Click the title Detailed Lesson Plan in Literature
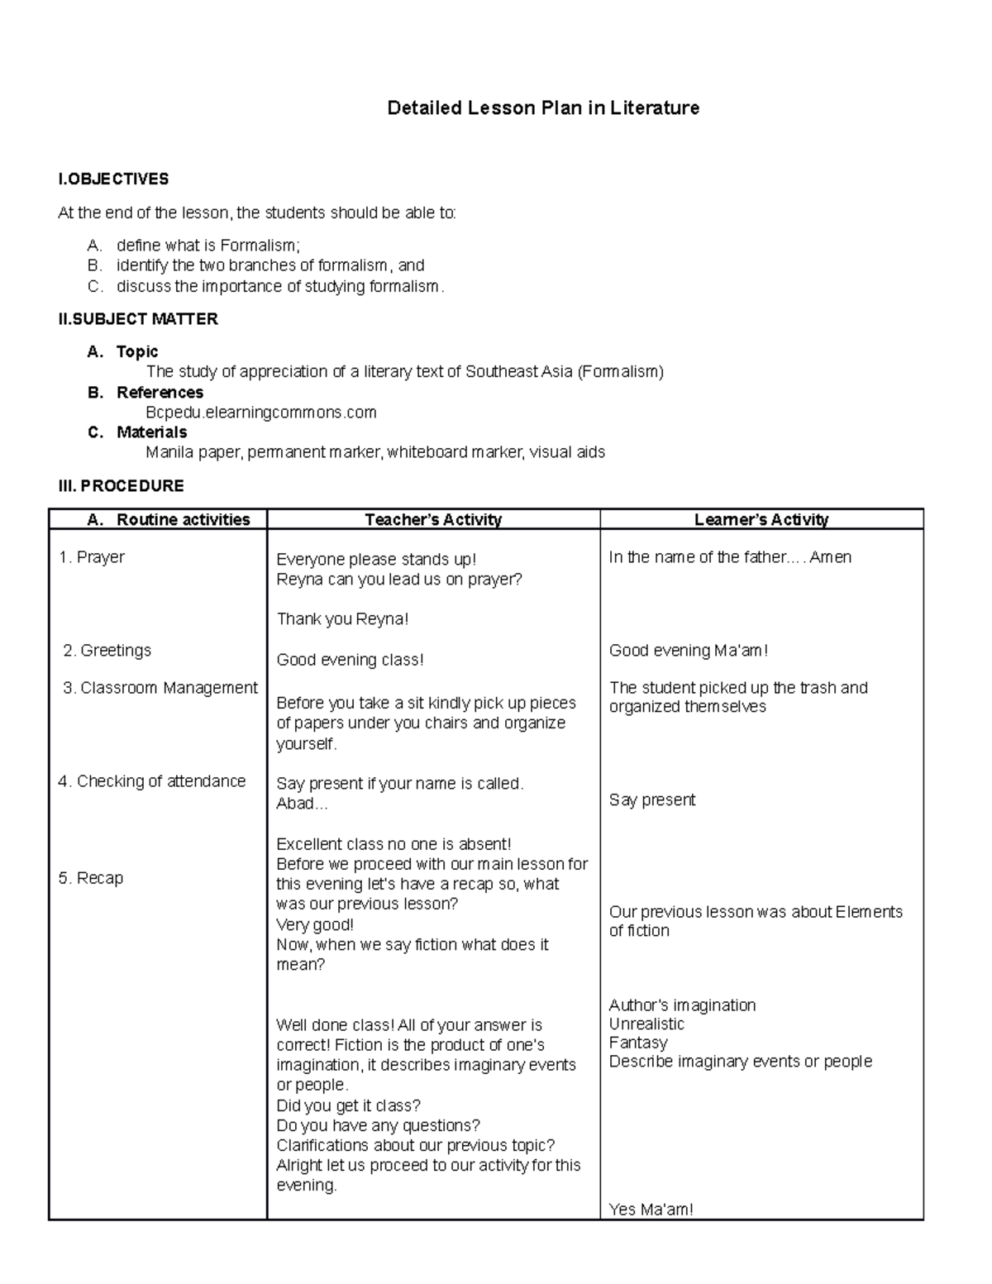(543, 108)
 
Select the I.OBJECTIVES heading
(113, 179)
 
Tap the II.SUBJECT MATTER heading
(138, 319)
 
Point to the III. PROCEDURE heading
(121, 485)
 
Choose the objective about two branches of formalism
(270, 265)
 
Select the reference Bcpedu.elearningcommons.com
(261, 412)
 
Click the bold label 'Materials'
(151, 432)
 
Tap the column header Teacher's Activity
(433, 520)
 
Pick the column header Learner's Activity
(761, 520)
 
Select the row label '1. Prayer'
(92, 557)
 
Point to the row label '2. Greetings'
(107, 651)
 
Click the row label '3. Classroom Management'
(160, 688)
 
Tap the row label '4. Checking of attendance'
(152, 781)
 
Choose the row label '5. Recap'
(91, 878)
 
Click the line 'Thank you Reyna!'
(342, 619)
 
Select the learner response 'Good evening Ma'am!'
(689, 651)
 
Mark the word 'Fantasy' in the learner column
(637, 1043)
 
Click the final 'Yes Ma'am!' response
(651, 1210)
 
